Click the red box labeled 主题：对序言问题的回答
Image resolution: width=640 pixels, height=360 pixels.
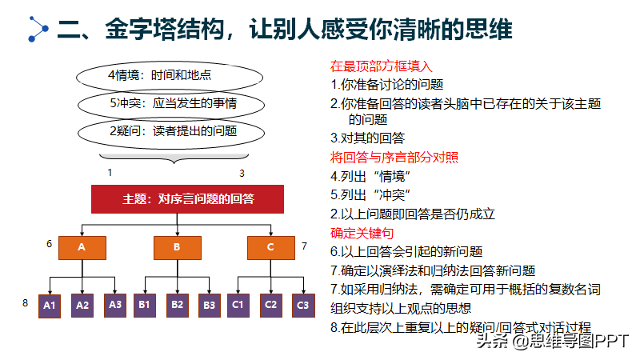[x=187, y=198]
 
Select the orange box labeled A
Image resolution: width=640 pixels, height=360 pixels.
[x=82, y=248]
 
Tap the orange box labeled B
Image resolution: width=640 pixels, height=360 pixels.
[x=177, y=248]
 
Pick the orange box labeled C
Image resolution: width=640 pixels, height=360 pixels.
[x=271, y=248]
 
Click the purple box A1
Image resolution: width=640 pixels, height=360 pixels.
[x=50, y=306]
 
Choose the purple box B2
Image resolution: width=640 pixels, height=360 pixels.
[x=177, y=306]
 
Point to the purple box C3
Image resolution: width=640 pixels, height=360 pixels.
[x=303, y=306]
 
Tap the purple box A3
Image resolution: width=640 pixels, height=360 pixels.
[x=115, y=306]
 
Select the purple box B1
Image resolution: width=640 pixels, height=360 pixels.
[x=145, y=306]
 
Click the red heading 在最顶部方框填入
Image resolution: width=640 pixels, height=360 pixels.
[x=382, y=66]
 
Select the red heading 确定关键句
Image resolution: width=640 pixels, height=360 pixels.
[x=362, y=233]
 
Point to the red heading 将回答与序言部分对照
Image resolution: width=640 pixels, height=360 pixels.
[x=394, y=157]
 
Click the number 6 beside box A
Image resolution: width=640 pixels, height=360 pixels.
[x=49, y=244]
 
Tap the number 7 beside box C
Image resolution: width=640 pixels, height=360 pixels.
[x=304, y=246]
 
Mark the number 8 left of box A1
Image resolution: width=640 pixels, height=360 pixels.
[x=26, y=303]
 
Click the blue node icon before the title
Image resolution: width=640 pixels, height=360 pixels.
[x=38, y=29]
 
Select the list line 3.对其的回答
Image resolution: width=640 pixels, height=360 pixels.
[x=367, y=138]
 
